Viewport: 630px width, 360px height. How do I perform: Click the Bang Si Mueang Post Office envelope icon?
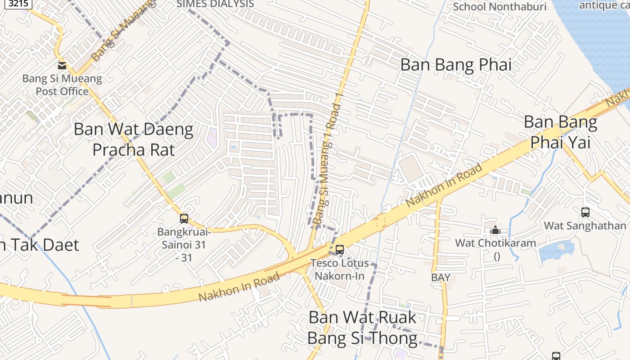click(62, 66)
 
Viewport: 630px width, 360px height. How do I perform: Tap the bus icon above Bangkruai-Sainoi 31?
click(184, 219)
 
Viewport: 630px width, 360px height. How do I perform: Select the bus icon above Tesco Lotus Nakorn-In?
click(340, 249)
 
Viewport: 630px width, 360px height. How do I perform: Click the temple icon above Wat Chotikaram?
click(495, 230)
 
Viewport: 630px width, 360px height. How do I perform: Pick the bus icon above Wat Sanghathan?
click(585, 212)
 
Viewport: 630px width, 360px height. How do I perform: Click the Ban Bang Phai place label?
click(456, 65)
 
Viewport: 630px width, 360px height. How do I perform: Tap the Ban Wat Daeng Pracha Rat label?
click(133, 139)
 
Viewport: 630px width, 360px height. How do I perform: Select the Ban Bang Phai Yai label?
click(560, 131)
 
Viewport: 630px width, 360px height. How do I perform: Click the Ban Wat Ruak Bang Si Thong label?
click(362, 327)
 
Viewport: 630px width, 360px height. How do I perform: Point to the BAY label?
click(441, 278)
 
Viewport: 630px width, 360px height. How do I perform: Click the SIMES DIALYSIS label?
click(216, 4)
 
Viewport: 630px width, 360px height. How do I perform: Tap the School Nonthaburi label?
click(499, 7)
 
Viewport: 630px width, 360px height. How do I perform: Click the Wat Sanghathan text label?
click(585, 225)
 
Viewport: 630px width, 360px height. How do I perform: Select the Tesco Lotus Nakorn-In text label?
click(340, 269)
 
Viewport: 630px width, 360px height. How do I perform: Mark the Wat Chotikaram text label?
click(495, 243)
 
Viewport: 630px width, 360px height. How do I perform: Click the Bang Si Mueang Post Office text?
click(62, 85)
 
